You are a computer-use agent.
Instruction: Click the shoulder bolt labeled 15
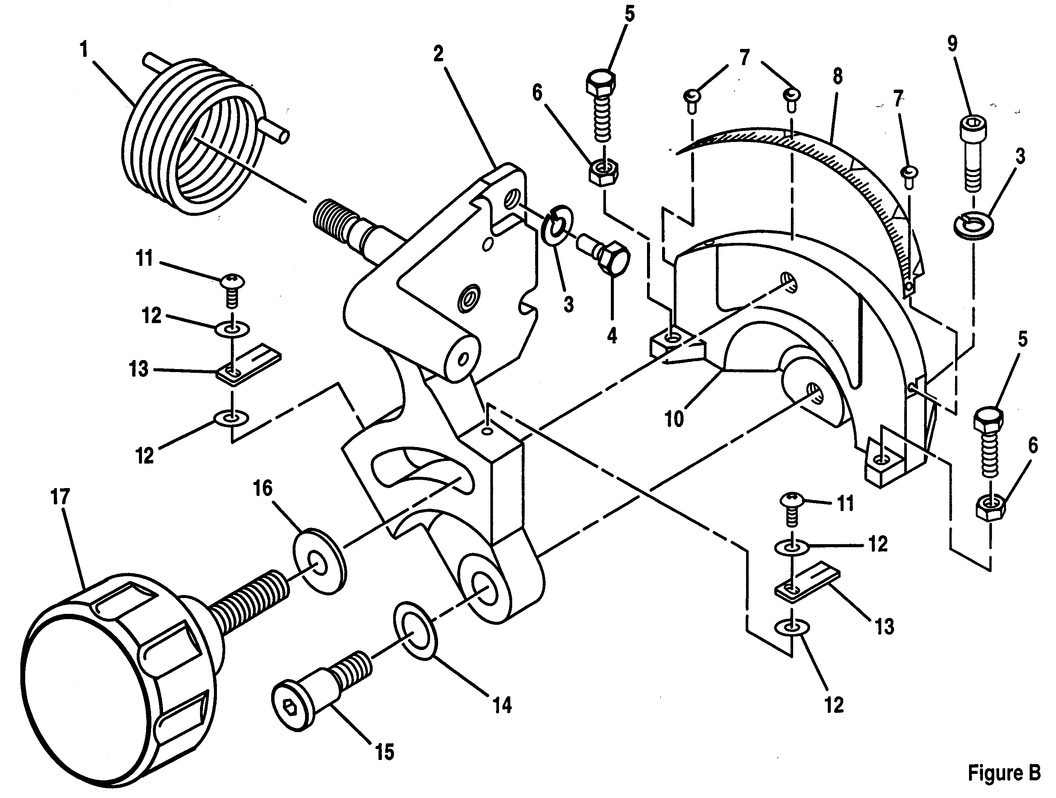321,691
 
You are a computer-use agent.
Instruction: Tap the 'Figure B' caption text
1004,773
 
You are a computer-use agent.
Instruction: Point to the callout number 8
837,76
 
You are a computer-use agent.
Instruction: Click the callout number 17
61,497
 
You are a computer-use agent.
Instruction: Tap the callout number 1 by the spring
84,49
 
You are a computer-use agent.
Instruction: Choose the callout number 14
502,705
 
